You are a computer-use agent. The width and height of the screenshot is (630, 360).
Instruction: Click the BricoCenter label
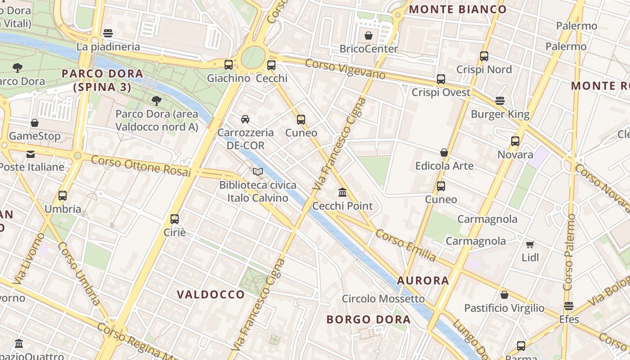pos(369,49)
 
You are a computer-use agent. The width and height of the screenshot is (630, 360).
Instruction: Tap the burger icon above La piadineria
pos(108,33)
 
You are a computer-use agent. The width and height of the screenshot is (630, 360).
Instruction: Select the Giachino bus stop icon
pos(229,65)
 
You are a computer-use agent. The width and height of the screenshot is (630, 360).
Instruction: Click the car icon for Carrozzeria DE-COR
pos(245,119)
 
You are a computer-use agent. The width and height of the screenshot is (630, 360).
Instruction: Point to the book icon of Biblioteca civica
pos(257,171)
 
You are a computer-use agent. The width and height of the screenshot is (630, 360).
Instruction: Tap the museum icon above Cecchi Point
pos(342,193)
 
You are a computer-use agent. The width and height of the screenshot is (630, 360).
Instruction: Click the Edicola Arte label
pos(444,166)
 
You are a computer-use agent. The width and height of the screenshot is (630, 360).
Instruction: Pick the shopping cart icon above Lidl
pos(530,244)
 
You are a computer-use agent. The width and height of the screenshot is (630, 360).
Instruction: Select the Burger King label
pos(500,114)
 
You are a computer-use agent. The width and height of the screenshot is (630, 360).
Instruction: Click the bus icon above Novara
pos(515,141)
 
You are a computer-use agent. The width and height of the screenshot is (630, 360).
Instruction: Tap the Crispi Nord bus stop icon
pos(484,56)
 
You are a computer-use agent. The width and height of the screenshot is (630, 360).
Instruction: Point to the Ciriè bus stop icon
pos(175,219)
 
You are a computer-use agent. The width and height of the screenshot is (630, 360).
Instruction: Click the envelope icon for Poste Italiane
pos(31,154)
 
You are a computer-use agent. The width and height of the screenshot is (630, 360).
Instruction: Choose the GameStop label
pos(35,136)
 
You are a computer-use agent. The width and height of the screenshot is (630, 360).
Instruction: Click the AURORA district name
pos(423,281)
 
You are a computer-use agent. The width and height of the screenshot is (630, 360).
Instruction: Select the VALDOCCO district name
pos(211,295)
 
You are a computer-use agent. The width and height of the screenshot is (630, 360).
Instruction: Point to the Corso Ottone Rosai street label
pos(141,166)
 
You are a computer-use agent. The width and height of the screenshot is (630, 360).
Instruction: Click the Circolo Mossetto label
pos(383,299)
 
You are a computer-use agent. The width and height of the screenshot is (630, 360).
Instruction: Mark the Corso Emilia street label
pos(405,245)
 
